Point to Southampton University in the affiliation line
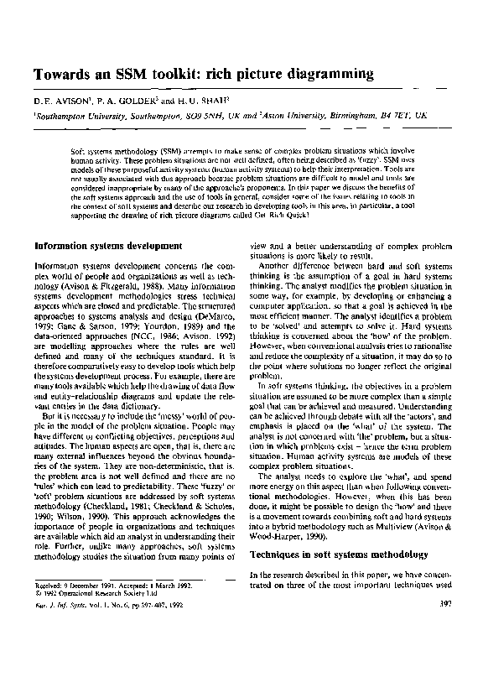click(x=80, y=119)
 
